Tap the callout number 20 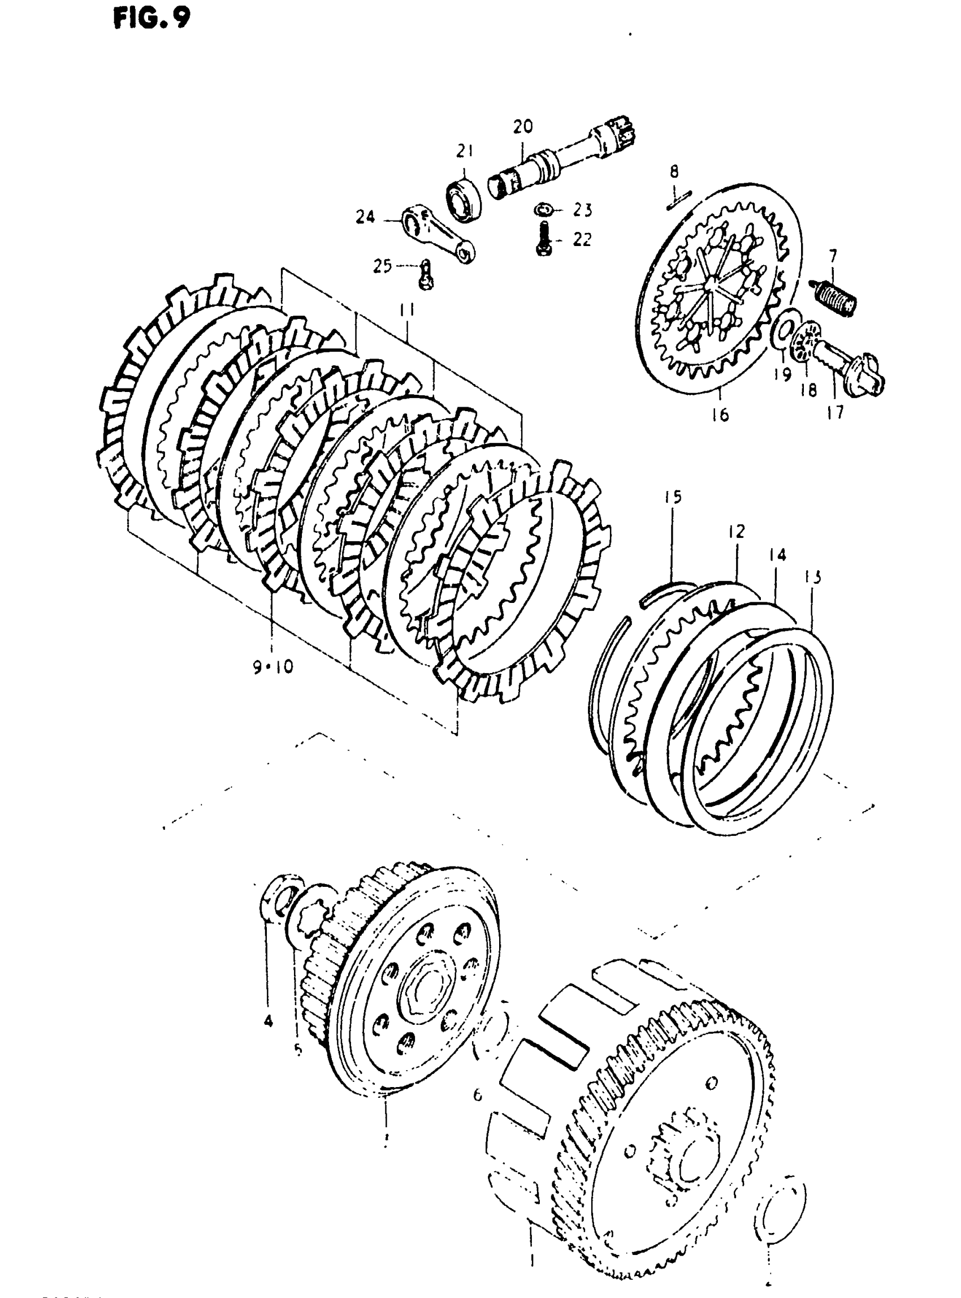pyautogui.click(x=522, y=126)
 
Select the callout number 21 pyautogui.click(x=464, y=153)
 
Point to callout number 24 pyautogui.click(x=365, y=218)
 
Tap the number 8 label pyautogui.click(x=674, y=172)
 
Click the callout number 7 pyautogui.click(x=833, y=256)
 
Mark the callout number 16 pyautogui.click(x=720, y=415)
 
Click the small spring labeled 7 pyautogui.click(x=836, y=297)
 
